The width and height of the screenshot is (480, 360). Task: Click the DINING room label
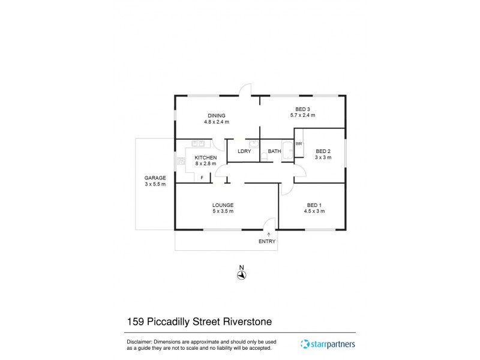[217, 116]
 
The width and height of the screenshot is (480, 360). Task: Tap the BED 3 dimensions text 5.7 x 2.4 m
[302, 115]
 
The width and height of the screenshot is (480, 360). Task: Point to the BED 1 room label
[314, 205]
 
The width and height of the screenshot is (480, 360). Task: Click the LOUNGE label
[223, 205]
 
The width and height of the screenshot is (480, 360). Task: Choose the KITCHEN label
[206, 158]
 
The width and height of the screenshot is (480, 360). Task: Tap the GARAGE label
[155, 178]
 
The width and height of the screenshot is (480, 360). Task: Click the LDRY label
[244, 151]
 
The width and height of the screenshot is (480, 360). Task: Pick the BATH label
[275, 151]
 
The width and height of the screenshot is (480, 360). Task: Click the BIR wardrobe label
[299, 144]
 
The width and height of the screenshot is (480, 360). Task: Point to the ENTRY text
[267, 241]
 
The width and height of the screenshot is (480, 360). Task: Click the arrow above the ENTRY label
[269, 233]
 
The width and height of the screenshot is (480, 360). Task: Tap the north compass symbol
[241, 274]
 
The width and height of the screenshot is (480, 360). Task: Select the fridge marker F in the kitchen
[202, 178]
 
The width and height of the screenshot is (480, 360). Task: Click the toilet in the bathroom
[264, 157]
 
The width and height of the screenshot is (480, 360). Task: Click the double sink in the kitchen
[198, 143]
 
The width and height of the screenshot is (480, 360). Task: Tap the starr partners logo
[328, 344]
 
